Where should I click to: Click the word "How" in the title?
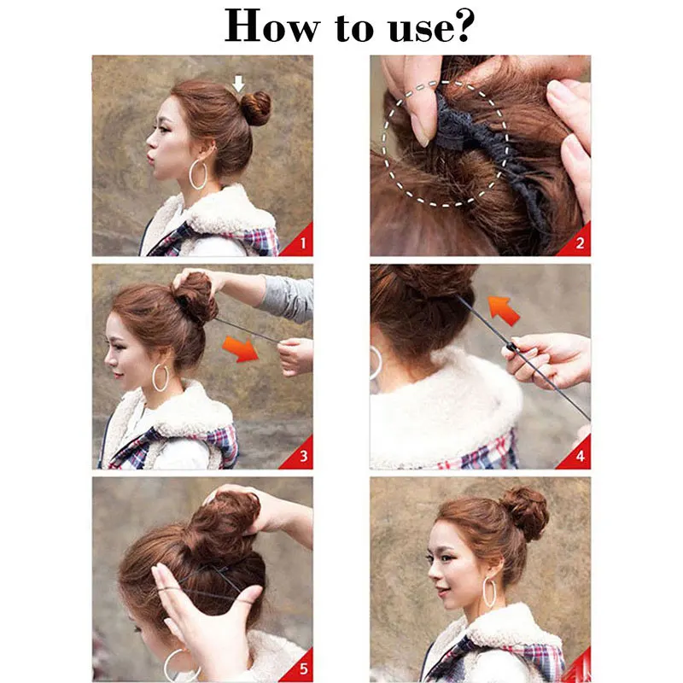(272, 26)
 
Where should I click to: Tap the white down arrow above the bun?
(238, 84)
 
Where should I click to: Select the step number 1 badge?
(299, 241)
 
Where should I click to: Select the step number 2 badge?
(576, 241)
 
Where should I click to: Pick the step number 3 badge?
(299, 454)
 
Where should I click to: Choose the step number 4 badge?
(576, 454)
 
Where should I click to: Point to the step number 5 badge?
(299, 667)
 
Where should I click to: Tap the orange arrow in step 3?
(241, 348)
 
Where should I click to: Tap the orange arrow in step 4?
(505, 310)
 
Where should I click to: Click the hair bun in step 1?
(255, 108)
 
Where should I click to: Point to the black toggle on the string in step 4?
(511, 347)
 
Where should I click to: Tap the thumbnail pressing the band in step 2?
(420, 132)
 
